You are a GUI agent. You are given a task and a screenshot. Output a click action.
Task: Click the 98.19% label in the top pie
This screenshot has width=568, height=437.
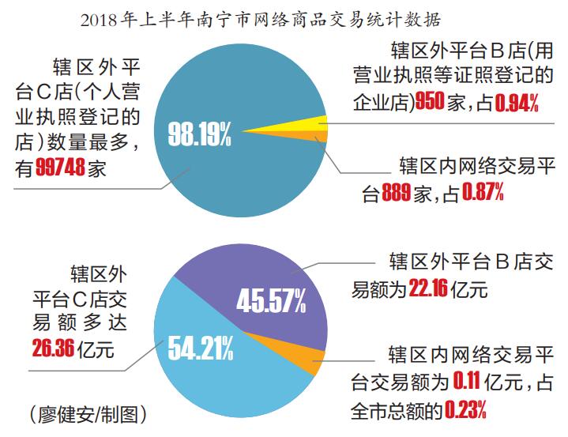click(200, 134)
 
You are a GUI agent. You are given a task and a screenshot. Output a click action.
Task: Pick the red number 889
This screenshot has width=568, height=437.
click(398, 191)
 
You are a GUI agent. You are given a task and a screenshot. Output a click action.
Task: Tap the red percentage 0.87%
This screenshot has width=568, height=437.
click(483, 191)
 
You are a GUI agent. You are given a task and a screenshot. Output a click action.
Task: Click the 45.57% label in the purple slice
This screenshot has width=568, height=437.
click(271, 300)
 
